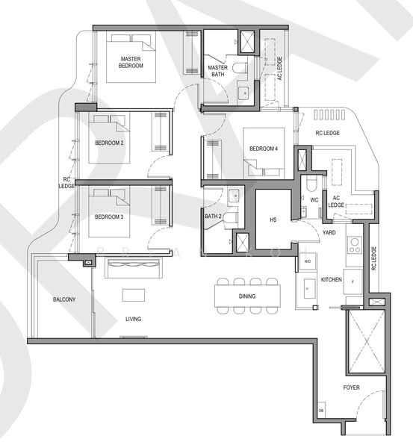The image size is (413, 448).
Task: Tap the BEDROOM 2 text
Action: pos(109,142)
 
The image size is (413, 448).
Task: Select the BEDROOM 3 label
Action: pos(109,217)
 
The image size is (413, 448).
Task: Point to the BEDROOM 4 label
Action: pos(264,149)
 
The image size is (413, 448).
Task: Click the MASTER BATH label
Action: pos(217,72)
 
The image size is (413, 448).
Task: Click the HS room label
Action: pos(273,220)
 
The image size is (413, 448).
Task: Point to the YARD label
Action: pos(328,232)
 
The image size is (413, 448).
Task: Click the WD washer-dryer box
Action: pos(307,262)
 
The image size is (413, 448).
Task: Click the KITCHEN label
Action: pos(331,279)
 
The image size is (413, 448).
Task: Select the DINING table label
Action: pos(247,296)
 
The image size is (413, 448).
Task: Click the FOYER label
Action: pos(351,388)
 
